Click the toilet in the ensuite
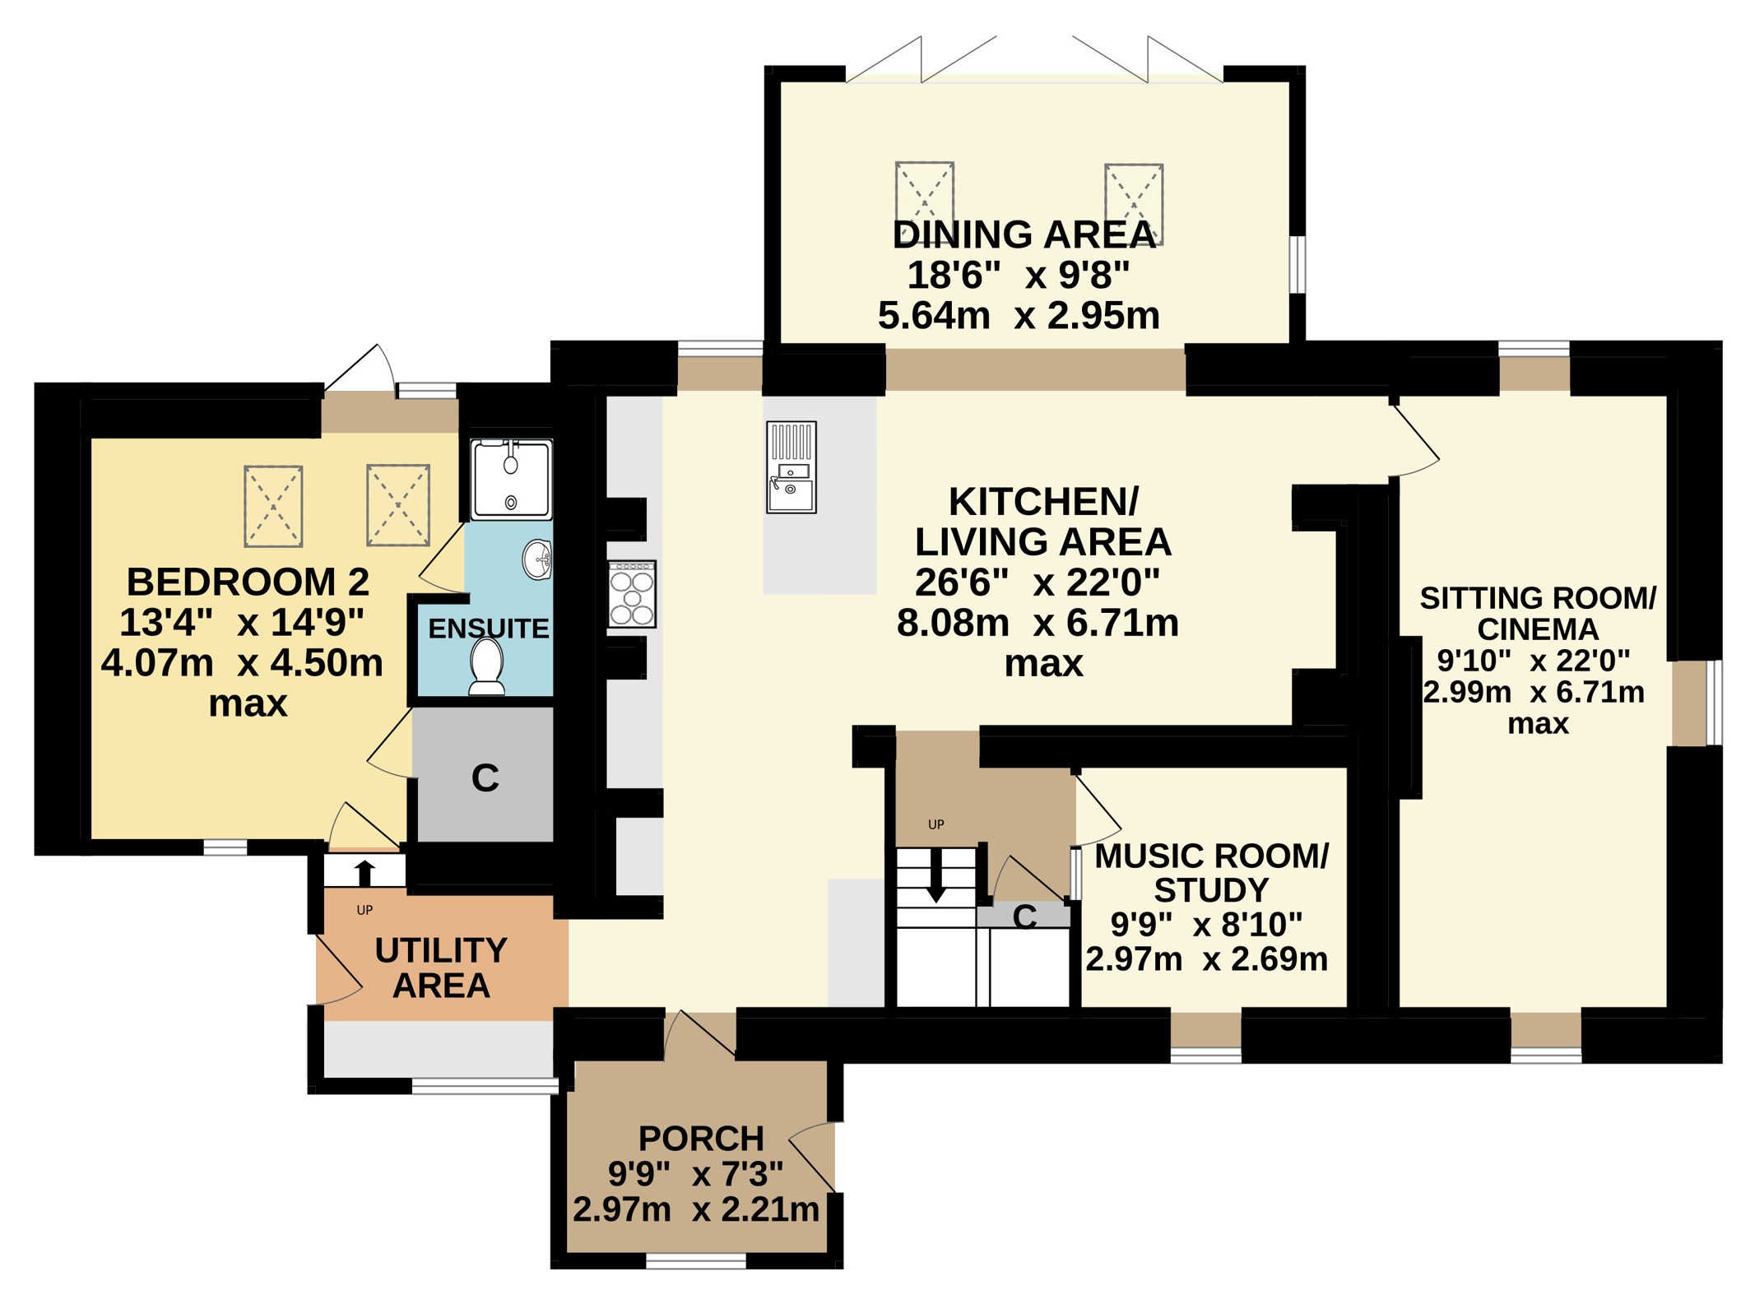(486, 666)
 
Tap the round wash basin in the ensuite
(537, 559)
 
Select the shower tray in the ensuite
(511, 479)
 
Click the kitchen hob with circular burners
(632, 594)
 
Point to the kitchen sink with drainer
(791, 467)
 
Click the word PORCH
(701, 1139)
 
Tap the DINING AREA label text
(1024, 234)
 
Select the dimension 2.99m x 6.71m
(1534, 692)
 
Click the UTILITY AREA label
(441, 968)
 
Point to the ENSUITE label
(489, 629)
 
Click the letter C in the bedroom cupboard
(485, 777)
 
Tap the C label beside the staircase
(1024, 917)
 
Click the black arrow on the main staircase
(936, 875)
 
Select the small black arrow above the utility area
(364, 873)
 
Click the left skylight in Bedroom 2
(273, 506)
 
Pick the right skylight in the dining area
(1134, 204)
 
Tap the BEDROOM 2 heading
(248, 582)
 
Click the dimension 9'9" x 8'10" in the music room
(1206, 925)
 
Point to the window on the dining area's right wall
(1297, 264)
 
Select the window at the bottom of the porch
(696, 1260)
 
